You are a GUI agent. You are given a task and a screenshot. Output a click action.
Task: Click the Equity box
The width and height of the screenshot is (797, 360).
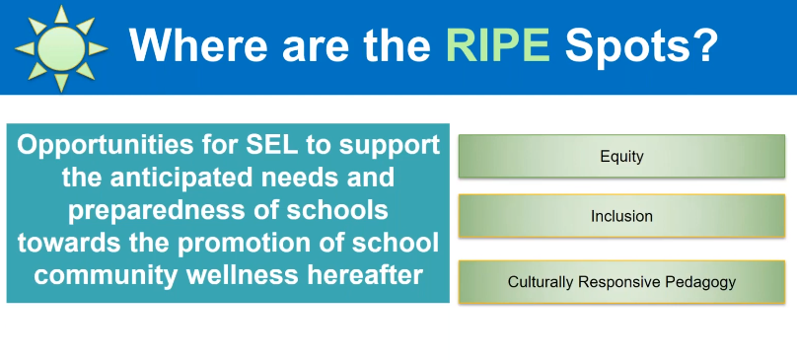pyautogui.click(x=621, y=156)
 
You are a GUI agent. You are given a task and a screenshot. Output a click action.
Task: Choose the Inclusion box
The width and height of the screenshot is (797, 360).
pyautogui.click(x=621, y=215)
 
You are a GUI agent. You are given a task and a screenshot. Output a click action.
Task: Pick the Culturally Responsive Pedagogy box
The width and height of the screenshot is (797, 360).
pyautogui.click(x=621, y=282)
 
